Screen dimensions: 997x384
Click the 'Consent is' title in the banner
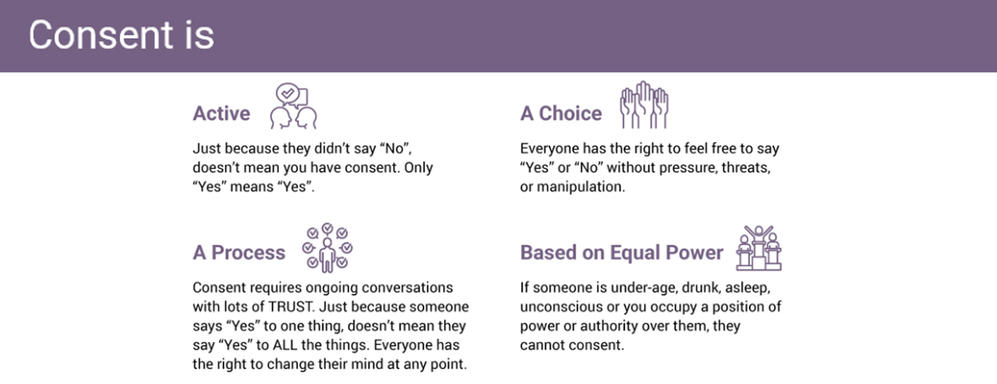pos(121,34)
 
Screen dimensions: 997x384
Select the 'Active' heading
pos(222,113)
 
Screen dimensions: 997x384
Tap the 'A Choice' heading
pos(560,113)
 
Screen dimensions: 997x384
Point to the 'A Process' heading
pos(239,253)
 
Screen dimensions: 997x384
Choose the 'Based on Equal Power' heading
pos(621,253)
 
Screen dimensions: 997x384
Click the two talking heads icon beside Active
pos(294,107)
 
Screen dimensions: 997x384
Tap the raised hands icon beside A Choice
pos(644,105)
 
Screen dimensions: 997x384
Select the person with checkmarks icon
pos(327,248)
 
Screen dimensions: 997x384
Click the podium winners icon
pos(759,248)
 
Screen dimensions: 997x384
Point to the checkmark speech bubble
pos(288,93)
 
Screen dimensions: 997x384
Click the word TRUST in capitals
pos(291,307)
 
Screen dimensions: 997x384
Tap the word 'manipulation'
pos(580,187)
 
